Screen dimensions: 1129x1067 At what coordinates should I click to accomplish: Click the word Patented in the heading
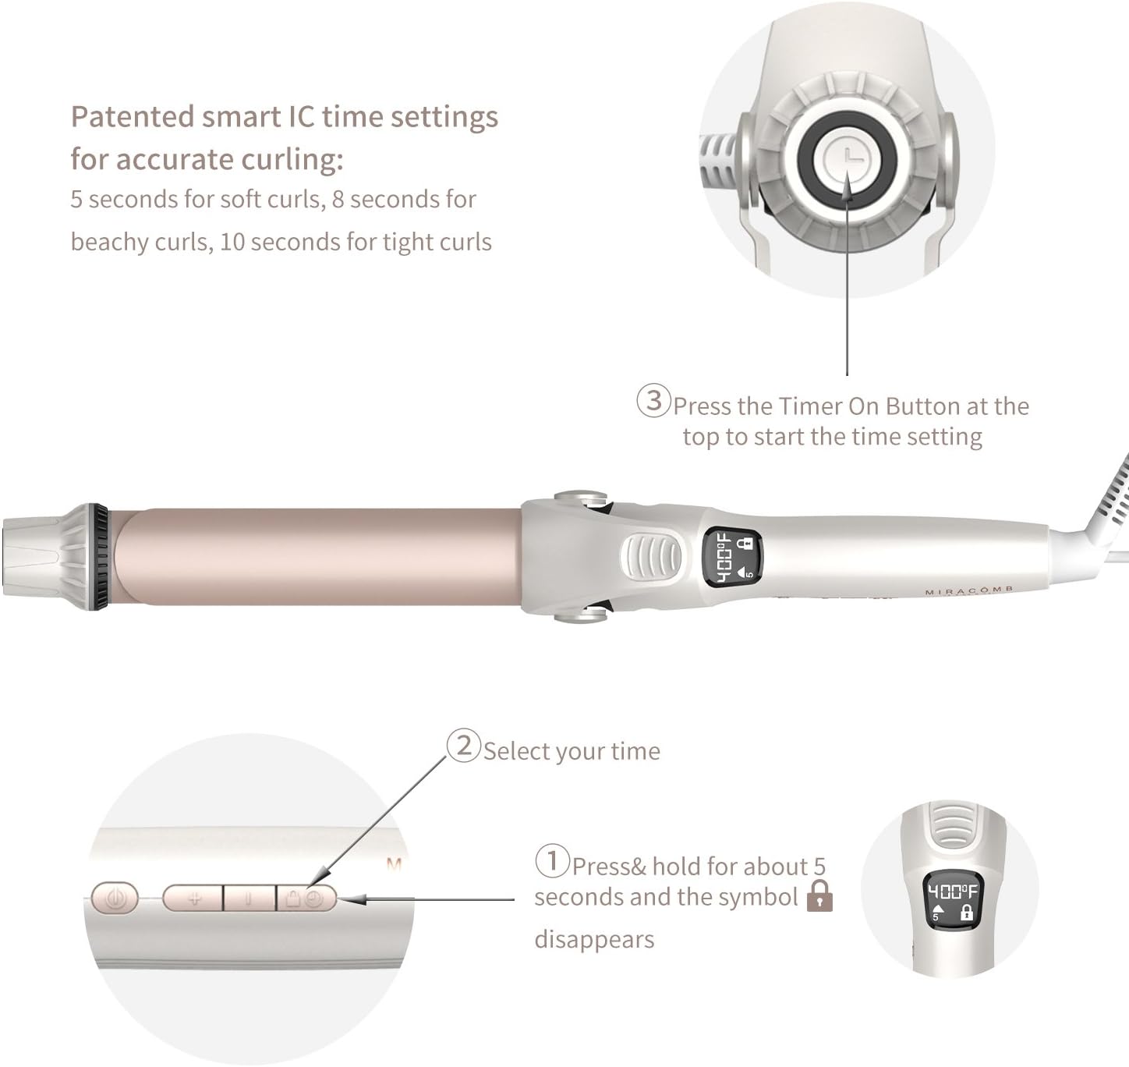133,117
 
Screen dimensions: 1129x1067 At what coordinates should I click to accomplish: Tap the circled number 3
653,400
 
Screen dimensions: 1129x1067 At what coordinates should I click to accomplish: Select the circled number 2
463,746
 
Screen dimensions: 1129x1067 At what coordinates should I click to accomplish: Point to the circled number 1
552,861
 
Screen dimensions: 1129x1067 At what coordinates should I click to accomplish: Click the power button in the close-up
115,898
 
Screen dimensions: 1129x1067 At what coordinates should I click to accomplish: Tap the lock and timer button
306,899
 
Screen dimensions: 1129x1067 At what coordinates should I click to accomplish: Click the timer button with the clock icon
847,155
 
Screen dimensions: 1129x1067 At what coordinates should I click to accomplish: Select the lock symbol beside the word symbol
819,896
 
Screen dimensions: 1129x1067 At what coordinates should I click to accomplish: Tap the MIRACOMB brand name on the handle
969,591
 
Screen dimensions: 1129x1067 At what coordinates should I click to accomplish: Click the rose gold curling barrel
318,555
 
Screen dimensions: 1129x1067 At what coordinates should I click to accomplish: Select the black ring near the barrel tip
100,555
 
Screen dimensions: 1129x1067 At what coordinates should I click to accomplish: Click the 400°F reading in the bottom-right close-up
952,891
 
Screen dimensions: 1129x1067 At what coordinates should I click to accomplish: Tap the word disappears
594,940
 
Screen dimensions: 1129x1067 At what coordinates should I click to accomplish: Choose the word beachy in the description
108,243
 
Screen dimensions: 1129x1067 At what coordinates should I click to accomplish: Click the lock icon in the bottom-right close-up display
965,913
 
